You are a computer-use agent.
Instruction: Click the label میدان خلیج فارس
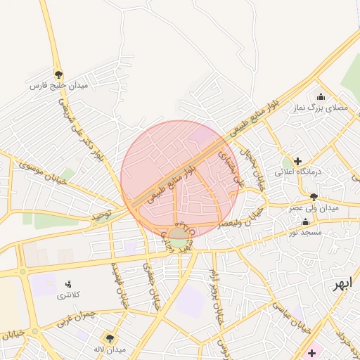click(x=58, y=85)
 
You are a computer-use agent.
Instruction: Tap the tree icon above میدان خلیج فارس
click(x=58, y=74)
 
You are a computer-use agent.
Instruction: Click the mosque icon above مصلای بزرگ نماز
click(x=321, y=97)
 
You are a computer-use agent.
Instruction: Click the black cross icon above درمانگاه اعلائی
click(x=297, y=161)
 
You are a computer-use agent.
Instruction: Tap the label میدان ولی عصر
click(x=314, y=208)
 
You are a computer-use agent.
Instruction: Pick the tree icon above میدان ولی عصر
click(x=313, y=197)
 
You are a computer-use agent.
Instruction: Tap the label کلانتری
click(x=68, y=295)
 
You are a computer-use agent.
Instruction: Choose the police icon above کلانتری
click(x=68, y=284)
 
